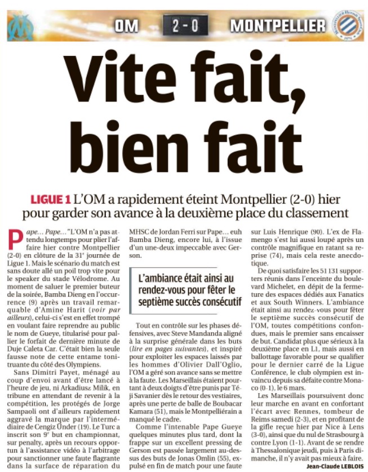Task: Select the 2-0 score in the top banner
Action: (184, 26)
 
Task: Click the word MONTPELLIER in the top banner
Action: (278, 26)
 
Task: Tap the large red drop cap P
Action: (16, 241)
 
